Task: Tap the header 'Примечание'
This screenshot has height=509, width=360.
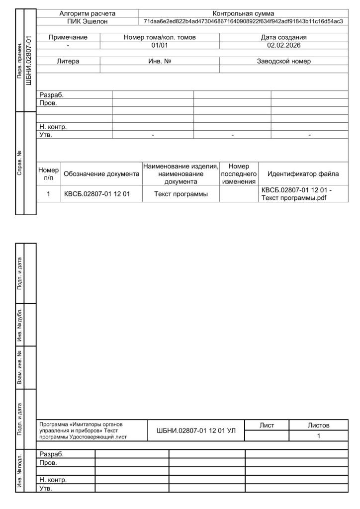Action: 69,37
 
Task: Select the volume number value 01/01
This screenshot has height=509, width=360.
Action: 160,45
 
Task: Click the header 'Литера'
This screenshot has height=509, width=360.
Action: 69,61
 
